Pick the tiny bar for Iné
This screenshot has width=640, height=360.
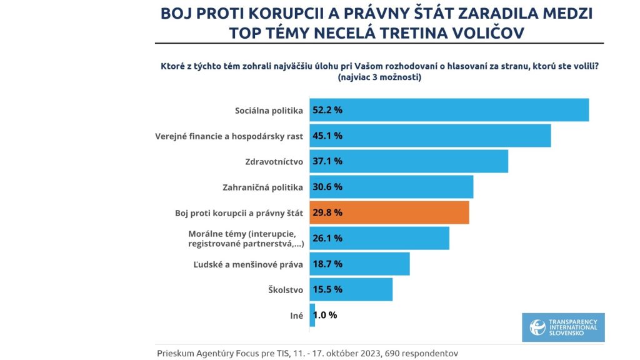[x=312, y=315]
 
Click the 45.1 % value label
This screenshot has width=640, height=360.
[x=328, y=136]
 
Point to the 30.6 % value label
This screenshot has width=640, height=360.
[x=328, y=187]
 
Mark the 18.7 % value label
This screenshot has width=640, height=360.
[x=328, y=264]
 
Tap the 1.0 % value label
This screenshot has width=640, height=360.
[x=326, y=315]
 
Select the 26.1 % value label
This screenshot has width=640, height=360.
[x=328, y=238]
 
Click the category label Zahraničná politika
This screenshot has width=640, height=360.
[x=262, y=187]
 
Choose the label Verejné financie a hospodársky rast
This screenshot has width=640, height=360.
[x=229, y=136]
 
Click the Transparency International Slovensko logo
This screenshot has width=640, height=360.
[x=563, y=327]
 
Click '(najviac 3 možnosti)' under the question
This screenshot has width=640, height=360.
[x=379, y=78]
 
